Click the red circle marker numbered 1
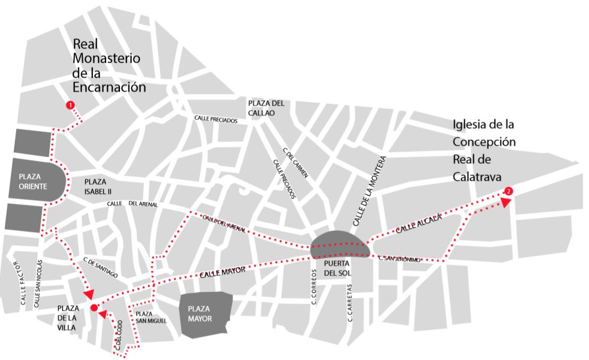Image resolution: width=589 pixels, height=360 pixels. coord(70,105)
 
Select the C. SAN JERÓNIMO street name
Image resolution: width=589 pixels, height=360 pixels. coord(400,259)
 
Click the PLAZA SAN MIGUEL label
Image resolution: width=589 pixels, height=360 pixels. coord(151,317)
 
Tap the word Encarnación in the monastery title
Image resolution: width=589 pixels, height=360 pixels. coord(109,87)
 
